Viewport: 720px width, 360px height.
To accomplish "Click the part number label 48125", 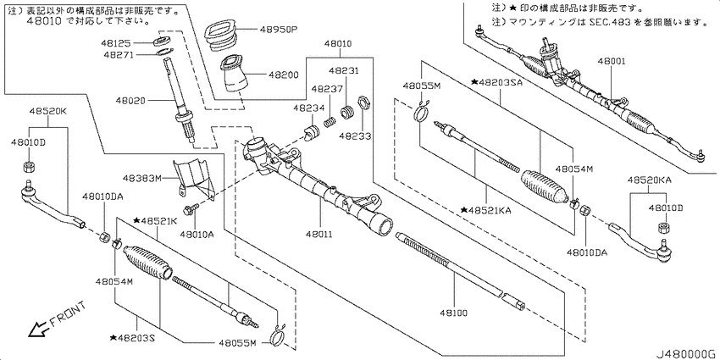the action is click(x=116, y=43).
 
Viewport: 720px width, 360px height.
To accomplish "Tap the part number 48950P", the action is click(x=279, y=30).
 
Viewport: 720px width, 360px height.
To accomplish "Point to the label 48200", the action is click(x=283, y=75).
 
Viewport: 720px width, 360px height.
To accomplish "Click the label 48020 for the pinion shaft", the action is click(x=130, y=99).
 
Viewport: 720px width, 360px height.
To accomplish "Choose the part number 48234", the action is click(x=309, y=108).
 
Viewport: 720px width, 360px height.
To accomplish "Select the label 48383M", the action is click(x=142, y=178).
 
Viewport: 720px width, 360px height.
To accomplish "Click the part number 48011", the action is click(x=320, y=234).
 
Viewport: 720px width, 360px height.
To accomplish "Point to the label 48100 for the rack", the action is click(x=452, y=313).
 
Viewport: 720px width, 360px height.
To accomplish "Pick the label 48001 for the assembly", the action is click(x=612, y=61).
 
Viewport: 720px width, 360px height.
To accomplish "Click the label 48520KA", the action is click(x=650, y=180).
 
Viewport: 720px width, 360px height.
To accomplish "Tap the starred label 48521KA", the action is click(x=486, y=210).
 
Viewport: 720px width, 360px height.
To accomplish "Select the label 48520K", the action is click(x=48, y=112).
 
